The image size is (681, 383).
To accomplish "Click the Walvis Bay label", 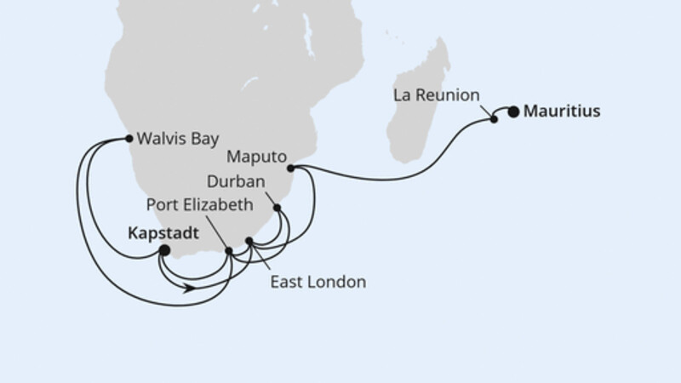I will tap(175, 138).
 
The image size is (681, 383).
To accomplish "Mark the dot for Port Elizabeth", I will tap(229, 250).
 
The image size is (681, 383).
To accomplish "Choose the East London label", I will tap(319, 282).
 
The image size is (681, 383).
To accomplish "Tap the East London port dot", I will tap(249, 241).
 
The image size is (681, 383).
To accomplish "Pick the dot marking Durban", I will tap(278, 207).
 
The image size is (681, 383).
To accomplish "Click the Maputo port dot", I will tap(290, 168).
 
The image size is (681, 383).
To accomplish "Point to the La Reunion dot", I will tap(494, 120).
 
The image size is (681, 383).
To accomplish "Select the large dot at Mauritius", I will tap(513, 110).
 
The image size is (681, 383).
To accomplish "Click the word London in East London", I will tap(340, 282).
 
